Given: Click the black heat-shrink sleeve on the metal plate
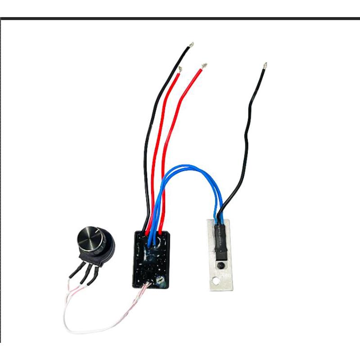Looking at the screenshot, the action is (x=220, y=241).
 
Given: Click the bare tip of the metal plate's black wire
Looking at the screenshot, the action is (x=265, y=66).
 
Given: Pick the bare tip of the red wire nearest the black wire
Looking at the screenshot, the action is (x=180, y=69).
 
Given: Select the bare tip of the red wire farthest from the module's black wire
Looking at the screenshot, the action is (x=204, y=66).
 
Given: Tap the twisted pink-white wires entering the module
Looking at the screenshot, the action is (x=139, y=292).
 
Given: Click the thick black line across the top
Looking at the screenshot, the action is (x=180, y=18).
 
